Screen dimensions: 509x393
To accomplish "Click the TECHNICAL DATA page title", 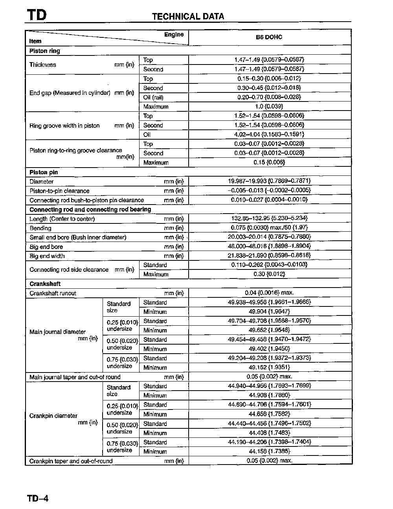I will click(x=188, y=17).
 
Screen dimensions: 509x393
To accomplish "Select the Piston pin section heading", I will click(x=44, y=172).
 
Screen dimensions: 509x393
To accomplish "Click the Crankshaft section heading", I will click(x=45, y=284).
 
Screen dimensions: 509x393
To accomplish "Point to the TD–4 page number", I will click(x=38, y=498).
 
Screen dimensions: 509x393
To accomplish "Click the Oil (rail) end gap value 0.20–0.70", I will click(x=269, y=97).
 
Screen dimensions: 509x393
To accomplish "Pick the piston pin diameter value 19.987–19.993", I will click(x=269, y=181).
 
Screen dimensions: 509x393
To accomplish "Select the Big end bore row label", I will click(x=46, y=247).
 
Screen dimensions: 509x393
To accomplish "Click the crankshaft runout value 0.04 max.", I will click(x=269, y=293).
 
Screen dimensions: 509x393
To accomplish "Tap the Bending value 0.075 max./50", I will click(x=269, y=228).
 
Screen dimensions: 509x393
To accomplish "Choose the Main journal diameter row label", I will click(x=57, y=332).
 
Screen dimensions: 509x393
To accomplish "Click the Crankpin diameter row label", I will click(x=53, y=416).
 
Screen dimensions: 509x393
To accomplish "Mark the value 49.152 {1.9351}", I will click(x=269, y=367).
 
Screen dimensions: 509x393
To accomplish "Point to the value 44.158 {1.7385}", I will click(x=269, y=451).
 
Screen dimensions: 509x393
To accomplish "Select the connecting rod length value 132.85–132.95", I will click(x=269, y=218).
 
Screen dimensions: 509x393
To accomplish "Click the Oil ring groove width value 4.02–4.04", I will click(x=269, y=135).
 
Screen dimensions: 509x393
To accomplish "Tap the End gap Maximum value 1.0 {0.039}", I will click(x=269, y=107).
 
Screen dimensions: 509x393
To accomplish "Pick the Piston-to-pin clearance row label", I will click(x=59, y=191).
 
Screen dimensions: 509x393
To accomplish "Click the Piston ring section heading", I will click(x=44, y=51).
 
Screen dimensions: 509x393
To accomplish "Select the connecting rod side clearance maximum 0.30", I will click(x=269, y=274).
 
